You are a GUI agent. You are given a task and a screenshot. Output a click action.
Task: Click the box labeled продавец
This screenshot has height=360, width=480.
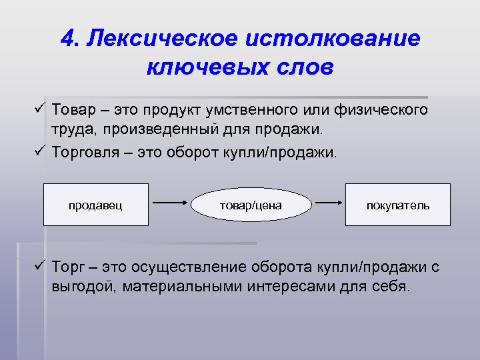[95, 205]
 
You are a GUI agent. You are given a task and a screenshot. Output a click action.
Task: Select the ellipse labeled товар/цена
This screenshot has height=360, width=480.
[251, 205]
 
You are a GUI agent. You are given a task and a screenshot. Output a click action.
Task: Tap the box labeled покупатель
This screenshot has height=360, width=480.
[398, 205]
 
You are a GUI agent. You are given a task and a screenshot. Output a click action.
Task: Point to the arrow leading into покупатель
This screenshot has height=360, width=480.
[329, 200]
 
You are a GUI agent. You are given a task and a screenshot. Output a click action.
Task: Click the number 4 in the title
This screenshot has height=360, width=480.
[67, 38]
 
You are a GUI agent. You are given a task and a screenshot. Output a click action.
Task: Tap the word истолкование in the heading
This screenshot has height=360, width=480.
[333, 38]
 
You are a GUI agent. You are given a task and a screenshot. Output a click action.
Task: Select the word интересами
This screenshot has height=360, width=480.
[292, 287]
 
